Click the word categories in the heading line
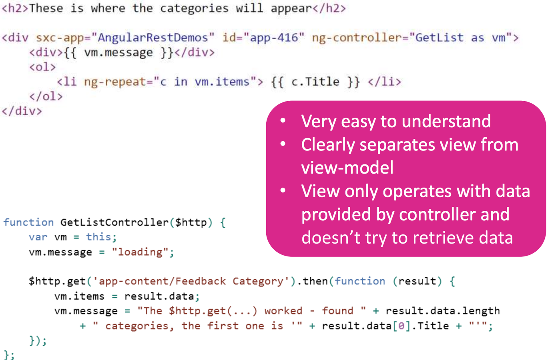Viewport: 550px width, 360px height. point(194,8)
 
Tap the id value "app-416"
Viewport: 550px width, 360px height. point(277,38)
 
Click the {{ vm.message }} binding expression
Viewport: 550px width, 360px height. point(118,52)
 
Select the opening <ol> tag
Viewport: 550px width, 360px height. point(42,67)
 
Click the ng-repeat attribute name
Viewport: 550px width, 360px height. point(114,82)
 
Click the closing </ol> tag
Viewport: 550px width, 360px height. point(46,96)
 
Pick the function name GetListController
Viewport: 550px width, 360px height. point(114,222)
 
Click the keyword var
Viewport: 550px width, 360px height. point(38,237)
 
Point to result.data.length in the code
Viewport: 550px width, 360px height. point(443,311)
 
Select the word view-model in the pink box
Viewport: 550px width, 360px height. point(347,168)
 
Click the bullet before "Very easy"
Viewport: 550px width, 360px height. point(283,120)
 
